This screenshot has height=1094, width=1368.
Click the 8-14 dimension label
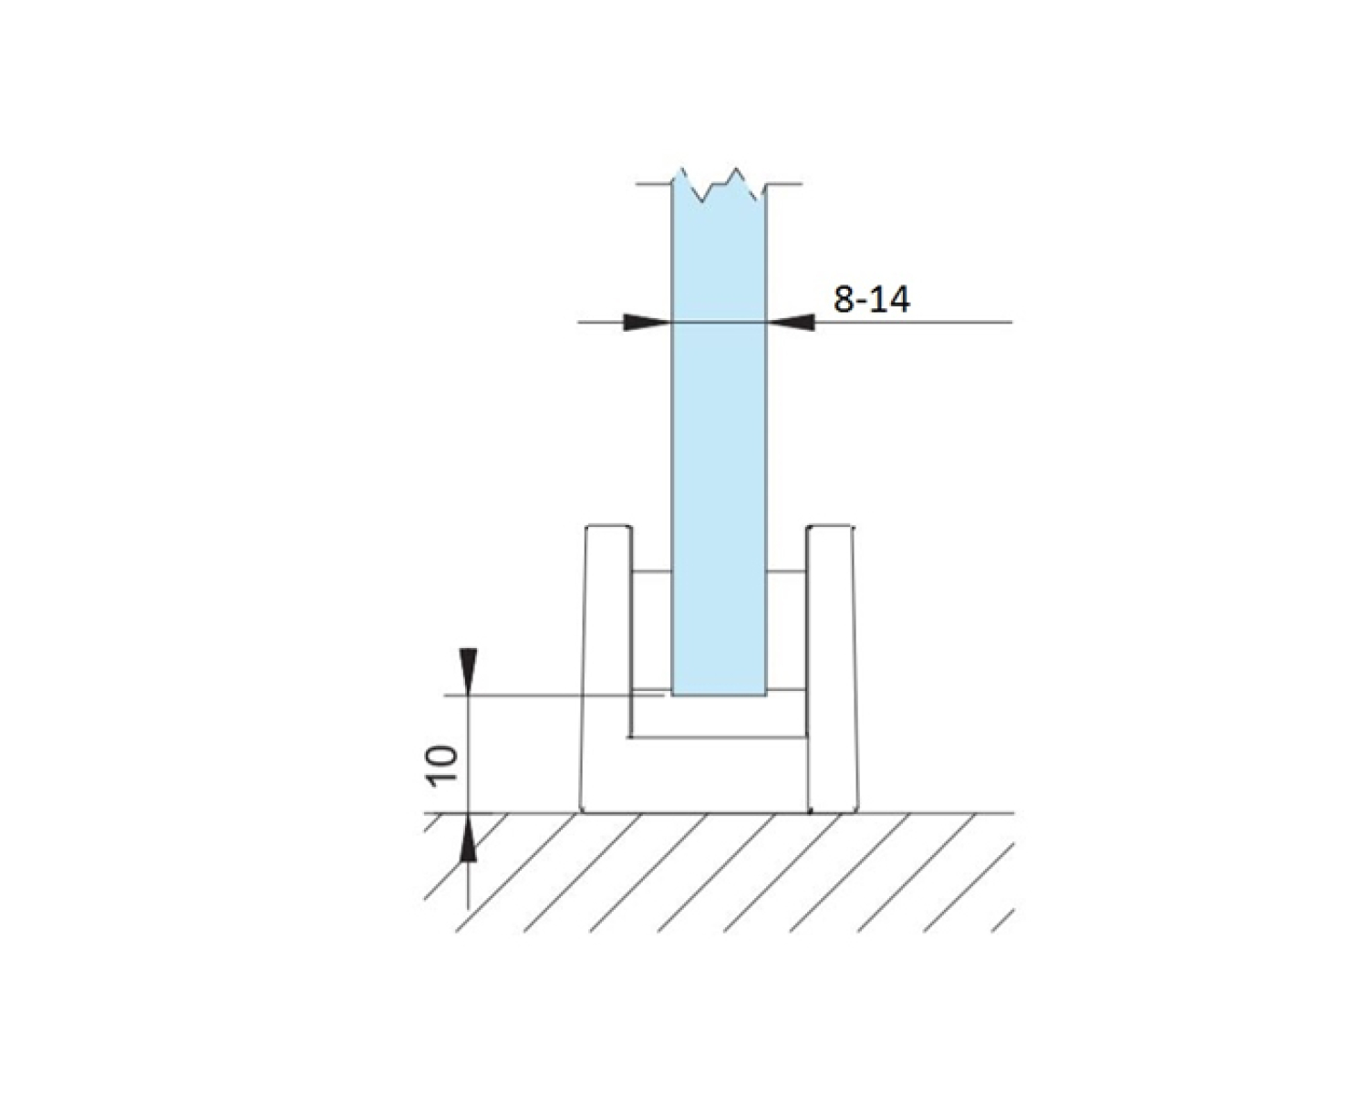pyautogui.click(x=872, y=299)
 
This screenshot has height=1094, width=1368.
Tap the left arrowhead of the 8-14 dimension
pyautogui.click(x=647, y=323)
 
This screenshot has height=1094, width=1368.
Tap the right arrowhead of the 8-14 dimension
pyautogui.click(x=791, y=323)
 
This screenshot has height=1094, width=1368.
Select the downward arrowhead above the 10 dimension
pyautogui.click(x=468, y=671)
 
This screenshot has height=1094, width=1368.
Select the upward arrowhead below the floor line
pyautogui.click(x=468, y=838)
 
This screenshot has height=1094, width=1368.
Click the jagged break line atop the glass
pyautogui.click(x=719, y=185)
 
